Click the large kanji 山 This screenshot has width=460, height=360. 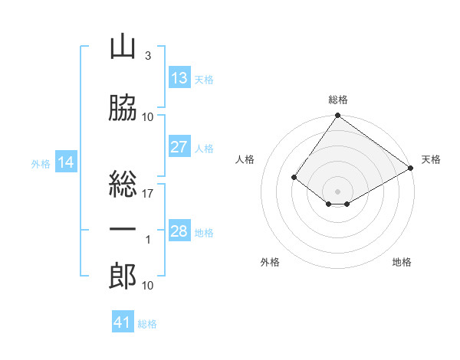[123, 47]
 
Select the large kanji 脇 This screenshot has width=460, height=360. [123, 108]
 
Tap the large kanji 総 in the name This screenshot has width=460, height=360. [123, 184]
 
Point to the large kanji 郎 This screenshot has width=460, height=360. [123, 276]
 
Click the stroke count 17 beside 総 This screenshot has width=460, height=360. [147, 194]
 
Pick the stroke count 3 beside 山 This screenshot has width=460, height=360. [148, 56]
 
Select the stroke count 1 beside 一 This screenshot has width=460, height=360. [148, 240]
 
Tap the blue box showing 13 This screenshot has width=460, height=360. [179, 77]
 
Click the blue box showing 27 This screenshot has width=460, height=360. [179, 146]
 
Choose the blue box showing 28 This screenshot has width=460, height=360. [179, 230]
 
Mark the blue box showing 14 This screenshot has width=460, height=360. [66, 162]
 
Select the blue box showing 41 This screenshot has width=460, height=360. [123, 321]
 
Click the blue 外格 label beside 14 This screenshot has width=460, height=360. [41, 164]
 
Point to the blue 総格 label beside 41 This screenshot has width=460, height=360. [147, 324]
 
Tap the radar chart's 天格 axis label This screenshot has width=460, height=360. [431, 159]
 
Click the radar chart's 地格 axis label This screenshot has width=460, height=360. [402, 262]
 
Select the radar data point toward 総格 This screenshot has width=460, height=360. [337, 115]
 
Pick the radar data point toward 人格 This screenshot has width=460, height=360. [294, 177]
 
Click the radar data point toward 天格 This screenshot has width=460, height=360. [410, 168]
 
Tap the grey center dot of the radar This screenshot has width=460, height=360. [337, 191]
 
